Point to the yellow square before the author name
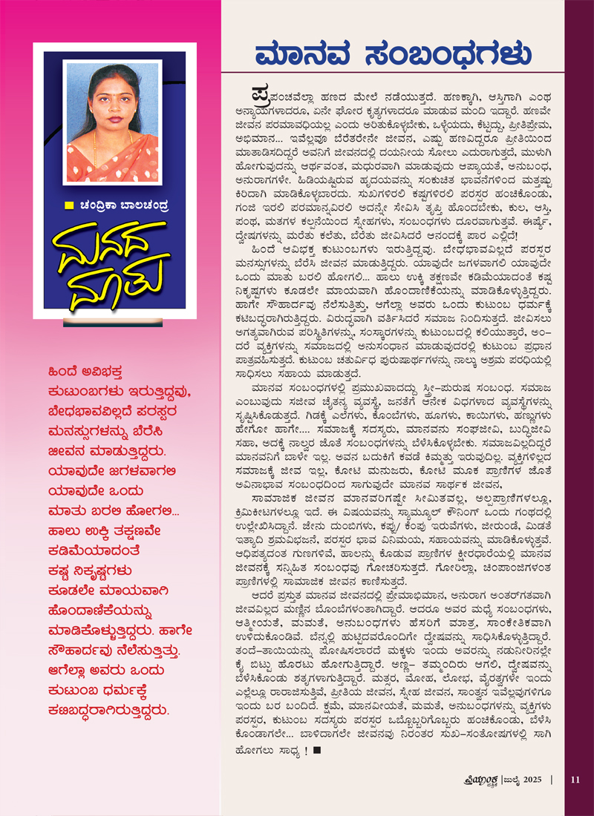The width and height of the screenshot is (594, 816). (68, 205)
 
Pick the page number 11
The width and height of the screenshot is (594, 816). (575, 779)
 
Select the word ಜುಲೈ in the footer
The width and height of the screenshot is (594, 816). (506, 779)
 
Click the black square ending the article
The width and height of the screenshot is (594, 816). (316, 751)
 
